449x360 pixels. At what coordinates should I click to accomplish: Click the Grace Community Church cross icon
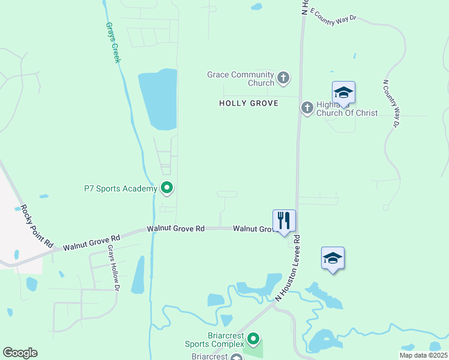tap(283, 78)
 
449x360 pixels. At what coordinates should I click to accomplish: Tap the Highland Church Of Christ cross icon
tap(307, 107)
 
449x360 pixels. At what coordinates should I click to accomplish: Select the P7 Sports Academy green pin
tap(167, 188)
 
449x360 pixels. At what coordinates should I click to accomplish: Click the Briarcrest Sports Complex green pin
tap(254, 340)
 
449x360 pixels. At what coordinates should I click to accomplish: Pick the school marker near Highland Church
tap(343, 93)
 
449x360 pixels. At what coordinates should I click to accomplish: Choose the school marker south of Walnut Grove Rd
tap(333, 259)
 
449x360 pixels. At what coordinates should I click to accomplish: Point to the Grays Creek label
tap(113, 43)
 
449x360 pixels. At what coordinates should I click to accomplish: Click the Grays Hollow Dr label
tap(113, 268)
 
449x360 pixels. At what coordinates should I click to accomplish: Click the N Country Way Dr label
tap(390, 104)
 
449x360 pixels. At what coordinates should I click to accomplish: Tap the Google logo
tap(20, 353)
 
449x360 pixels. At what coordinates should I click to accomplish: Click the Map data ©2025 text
tap(423, 355)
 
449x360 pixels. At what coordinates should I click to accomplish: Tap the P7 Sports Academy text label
tap(120, 188)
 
